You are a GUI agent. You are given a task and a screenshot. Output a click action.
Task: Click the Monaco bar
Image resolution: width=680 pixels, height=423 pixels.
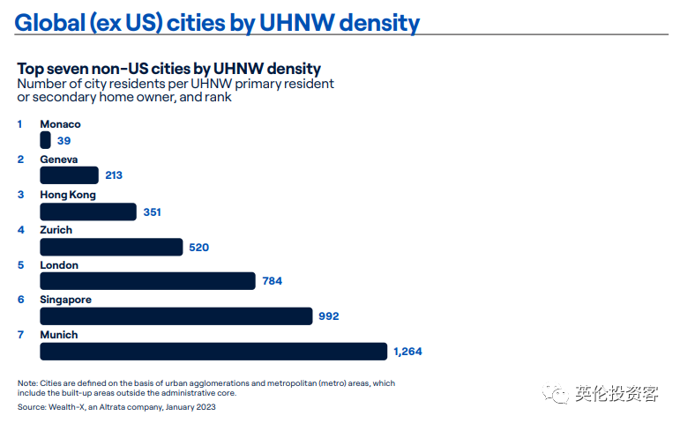tap(45, 140)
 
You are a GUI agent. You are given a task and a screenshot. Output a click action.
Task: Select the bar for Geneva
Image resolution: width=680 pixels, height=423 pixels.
tap(70, 175)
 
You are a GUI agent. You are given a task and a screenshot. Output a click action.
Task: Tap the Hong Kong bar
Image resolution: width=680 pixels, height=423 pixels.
tap(88, 211)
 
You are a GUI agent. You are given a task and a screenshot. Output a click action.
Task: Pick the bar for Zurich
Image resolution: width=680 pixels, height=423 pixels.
tap(111, 247)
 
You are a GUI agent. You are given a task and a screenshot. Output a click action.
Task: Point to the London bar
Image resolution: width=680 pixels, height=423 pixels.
tap(147, 281)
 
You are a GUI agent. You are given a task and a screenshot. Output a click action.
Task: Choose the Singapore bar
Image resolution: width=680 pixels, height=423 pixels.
tap(176, 316)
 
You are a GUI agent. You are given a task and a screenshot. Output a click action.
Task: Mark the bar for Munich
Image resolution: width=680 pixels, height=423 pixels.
tap(213, 352)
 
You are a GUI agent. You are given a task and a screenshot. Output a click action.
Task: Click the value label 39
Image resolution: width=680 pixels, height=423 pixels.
tap(64, 140)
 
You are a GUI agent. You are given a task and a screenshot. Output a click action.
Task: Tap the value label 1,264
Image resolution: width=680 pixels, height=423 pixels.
tap(407, 352)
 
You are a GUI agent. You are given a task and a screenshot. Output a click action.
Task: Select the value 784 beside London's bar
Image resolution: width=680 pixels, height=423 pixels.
tap(272, 281)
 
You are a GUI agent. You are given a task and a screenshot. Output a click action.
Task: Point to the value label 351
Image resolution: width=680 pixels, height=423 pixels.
tap(153, 211)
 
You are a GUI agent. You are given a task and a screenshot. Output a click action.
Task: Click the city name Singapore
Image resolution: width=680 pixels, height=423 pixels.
tap(65, 300)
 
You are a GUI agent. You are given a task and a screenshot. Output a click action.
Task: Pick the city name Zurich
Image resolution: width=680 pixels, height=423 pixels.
tap(56, 230)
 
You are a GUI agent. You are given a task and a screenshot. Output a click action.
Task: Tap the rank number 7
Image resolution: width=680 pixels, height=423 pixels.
tap(20, 335)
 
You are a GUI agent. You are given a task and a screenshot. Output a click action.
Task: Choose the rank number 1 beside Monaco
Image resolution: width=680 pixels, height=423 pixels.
tap(19, 124)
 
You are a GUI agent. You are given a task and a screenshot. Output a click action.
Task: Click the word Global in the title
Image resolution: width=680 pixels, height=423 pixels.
tap(50, 23)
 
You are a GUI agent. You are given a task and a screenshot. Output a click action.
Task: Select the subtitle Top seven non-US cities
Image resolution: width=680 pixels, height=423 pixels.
tap(114, 69)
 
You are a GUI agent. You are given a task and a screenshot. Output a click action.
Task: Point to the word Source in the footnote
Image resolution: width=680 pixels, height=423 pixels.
tap(32, 407)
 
